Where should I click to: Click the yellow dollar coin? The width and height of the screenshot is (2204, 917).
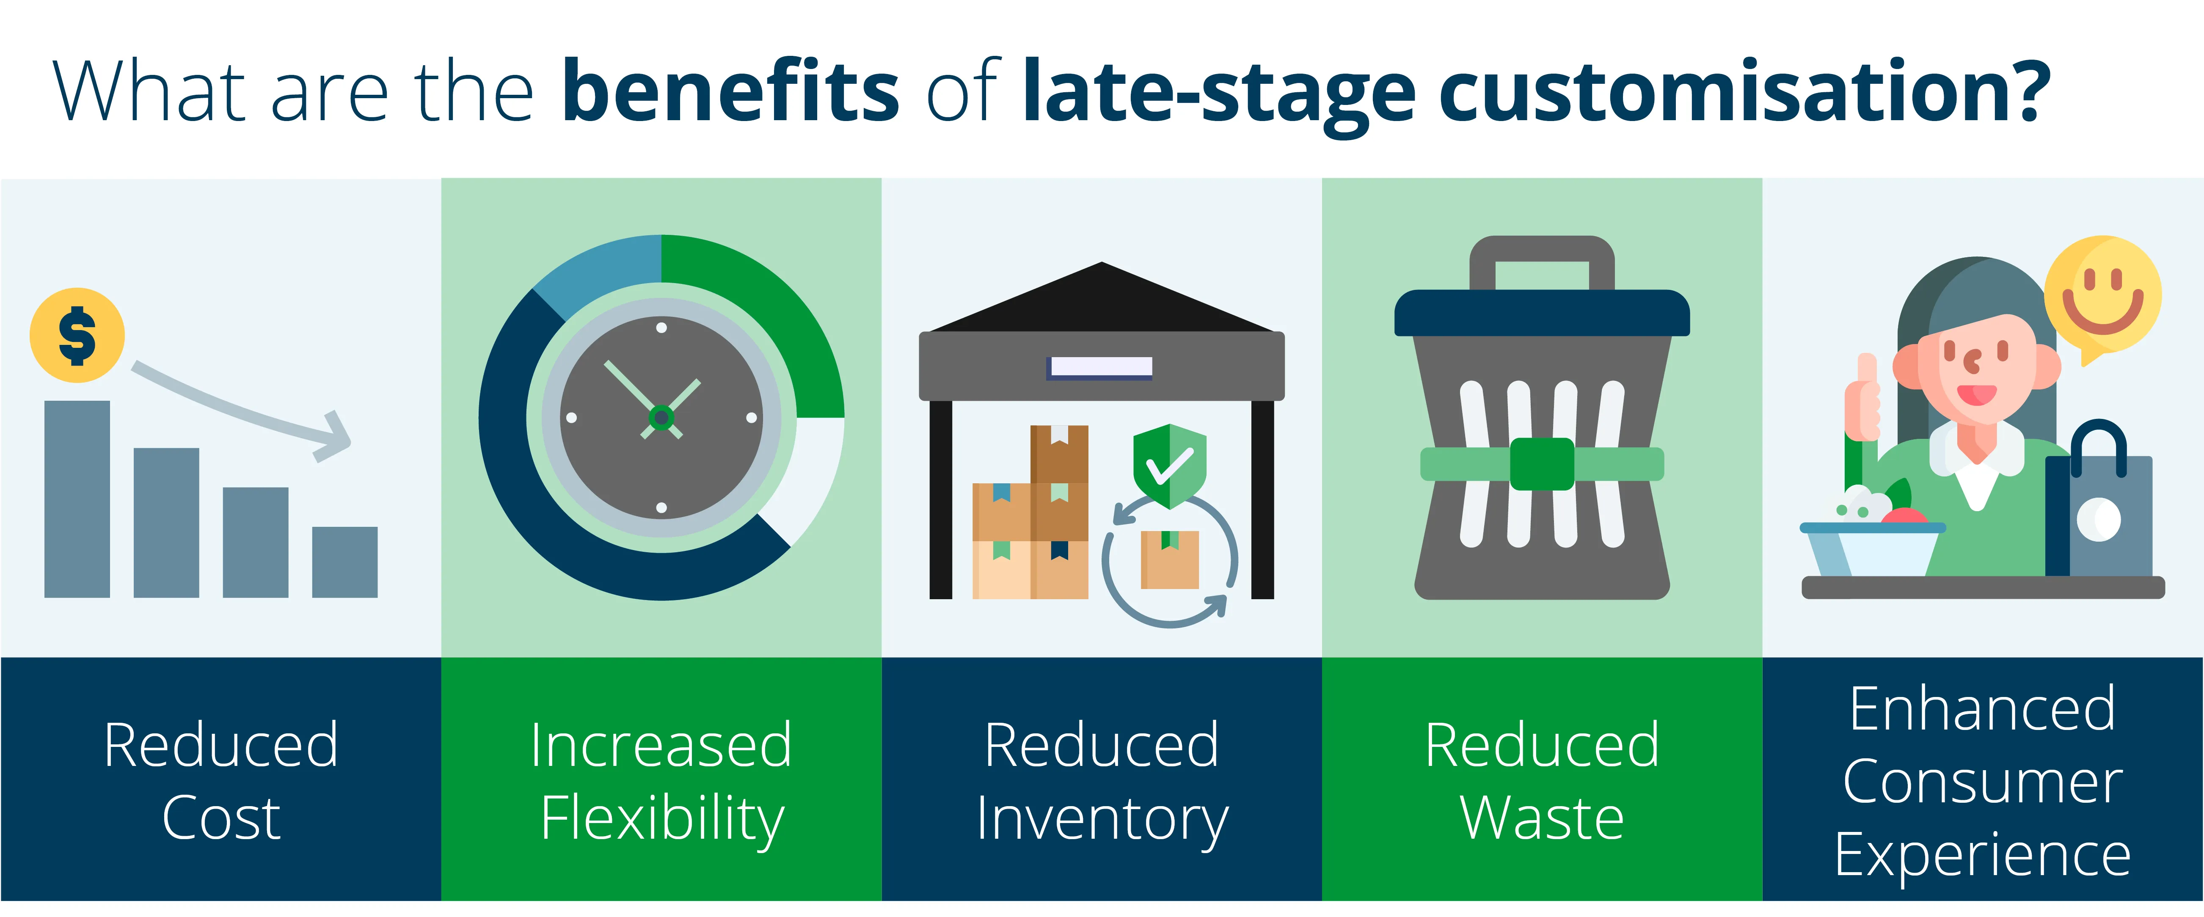[x=77, y=335]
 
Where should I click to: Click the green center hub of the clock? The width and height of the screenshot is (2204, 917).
[x=661, y=417]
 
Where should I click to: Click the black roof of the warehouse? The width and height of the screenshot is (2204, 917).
[x=1101, y=304]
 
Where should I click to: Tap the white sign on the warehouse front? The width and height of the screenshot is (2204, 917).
[x=1101, y=367]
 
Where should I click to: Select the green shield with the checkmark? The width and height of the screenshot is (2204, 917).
[x=1169, y=465]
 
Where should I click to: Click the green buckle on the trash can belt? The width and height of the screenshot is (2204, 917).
[x=1542, y=464]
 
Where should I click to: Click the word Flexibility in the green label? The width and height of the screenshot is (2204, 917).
[x=661, y=819]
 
